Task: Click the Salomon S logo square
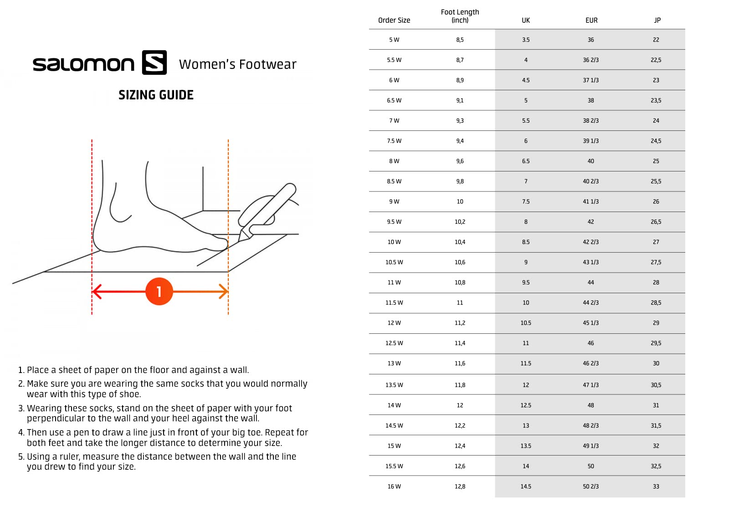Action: [154, 62]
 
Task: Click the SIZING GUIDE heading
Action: [156, 95]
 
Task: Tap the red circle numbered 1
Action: [159, 291]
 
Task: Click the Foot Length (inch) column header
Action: [460, 16]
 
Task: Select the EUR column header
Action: [591, 20]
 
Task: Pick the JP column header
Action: [657, 20]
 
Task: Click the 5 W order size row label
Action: [394, 40]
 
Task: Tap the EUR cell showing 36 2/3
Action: [590, 60]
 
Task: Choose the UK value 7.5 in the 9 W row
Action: [526, 202]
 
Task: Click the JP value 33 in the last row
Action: [656, 486]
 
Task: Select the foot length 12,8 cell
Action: [460, 486]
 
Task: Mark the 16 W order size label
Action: [394, 486]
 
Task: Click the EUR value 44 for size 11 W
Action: [590, 282]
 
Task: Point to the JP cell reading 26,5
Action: [656, 222]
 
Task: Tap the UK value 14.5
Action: [526, 486]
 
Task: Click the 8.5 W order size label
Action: [394, 181]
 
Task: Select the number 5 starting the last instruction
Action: [21, 456]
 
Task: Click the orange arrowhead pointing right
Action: [224, 291]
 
